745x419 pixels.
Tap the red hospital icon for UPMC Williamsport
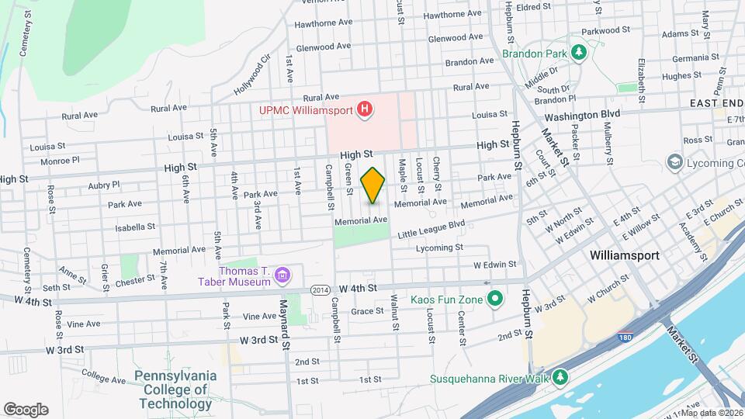coord(364,109)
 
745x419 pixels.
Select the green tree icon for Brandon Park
coord(577,53)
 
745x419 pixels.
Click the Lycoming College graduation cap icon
coord(674,162)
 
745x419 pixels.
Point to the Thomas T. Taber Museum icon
coord(283,275)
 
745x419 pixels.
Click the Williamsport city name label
coord(624,255)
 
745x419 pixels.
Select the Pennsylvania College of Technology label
coord(175,390)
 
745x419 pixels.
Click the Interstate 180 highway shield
coord(625,338)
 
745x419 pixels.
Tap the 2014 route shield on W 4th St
coord(319,289)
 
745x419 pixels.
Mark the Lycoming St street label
coord(439,248)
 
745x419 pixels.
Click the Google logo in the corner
coord(26,410)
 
